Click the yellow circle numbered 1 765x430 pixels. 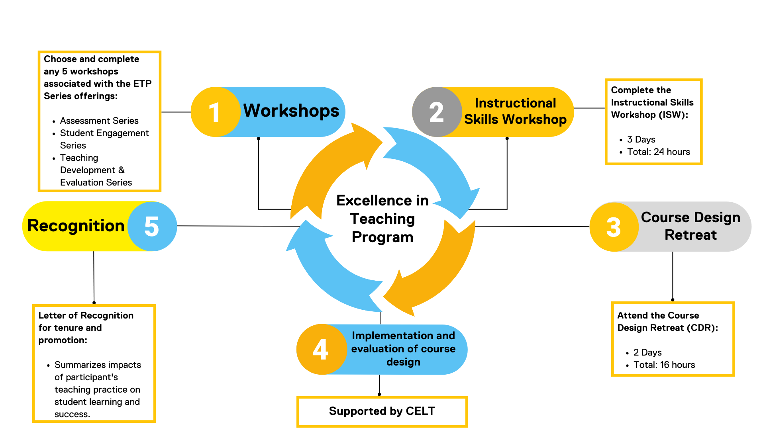point(216,112)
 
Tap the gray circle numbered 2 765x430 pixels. point(437,112)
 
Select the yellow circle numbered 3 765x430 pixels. point(614,227)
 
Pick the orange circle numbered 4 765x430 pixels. point(321,350)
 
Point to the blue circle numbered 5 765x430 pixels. point(152,226)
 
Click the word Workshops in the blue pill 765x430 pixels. point(291,111)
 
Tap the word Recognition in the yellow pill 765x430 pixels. point(76,226)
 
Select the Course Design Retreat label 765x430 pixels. point(690,226)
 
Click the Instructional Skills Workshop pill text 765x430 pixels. point(515,111)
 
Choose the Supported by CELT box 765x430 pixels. point(382,411)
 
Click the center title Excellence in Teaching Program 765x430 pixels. point(382,219)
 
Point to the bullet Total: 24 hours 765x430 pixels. point(658,152)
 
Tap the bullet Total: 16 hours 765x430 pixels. point(664,365)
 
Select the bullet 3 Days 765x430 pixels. point(641,139)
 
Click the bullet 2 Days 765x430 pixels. point(647,352)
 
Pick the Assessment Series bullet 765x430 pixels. point(99,121)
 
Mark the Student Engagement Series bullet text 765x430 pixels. point(104,139)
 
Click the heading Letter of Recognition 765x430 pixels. point(86,315)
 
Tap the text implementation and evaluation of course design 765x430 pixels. point(403,349)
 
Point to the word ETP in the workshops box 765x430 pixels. point(142,84)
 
